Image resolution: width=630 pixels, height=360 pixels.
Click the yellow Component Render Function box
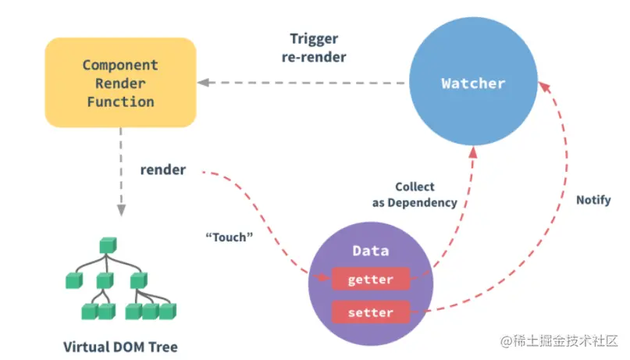[120, 83]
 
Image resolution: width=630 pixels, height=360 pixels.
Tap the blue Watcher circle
[473, 84]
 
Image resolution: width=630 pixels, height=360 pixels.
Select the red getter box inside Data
[370, 279]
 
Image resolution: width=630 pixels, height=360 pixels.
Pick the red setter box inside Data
[370, 312]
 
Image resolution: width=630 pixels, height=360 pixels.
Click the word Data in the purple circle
[371, 251]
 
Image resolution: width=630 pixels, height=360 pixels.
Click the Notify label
[593, 200]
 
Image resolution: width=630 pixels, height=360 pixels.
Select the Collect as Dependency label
[415, 195]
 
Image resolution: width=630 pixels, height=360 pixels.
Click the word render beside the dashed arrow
[163, 169]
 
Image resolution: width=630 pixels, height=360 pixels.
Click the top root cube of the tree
[107, 246]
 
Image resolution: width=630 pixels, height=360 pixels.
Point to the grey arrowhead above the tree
[120, 209]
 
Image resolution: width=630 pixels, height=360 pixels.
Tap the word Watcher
[473, 84]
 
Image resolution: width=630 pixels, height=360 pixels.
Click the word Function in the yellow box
[120, 102]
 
